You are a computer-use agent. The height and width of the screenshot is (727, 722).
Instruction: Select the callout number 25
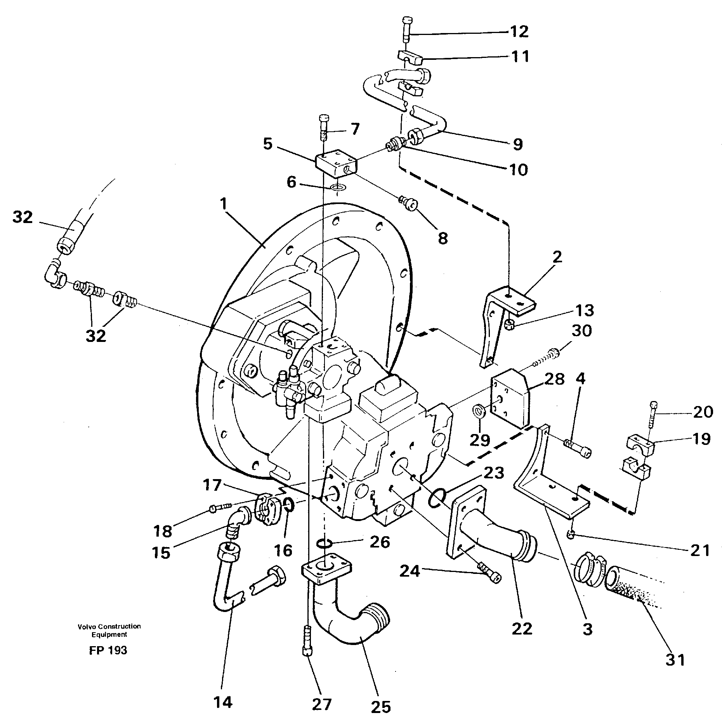click(381, 707)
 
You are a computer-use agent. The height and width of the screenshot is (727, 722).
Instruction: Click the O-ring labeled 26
click(325, 543)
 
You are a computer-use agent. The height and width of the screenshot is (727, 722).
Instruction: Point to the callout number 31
click(675, 660)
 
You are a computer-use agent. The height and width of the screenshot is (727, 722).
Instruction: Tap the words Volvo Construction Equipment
click(109, 630)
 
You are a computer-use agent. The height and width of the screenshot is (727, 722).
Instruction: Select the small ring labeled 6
click(338, 188)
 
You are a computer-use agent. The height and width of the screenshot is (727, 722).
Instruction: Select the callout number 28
click(554, 379)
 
